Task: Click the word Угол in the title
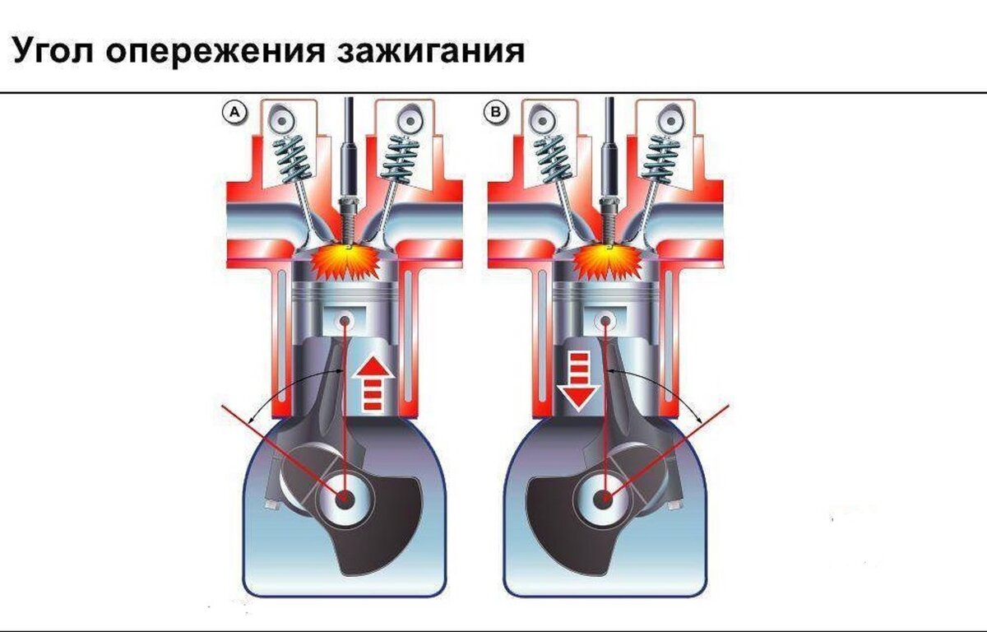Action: pyautogui.click(x=54, y=51)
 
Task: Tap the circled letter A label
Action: pyautogui.click(x=235, y=114)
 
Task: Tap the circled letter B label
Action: pyautogui.click(x=497, y=114)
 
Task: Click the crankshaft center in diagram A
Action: pyautogui.click(x=344, y=498)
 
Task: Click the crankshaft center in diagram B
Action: pyautogui.click(x=608, y=498)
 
